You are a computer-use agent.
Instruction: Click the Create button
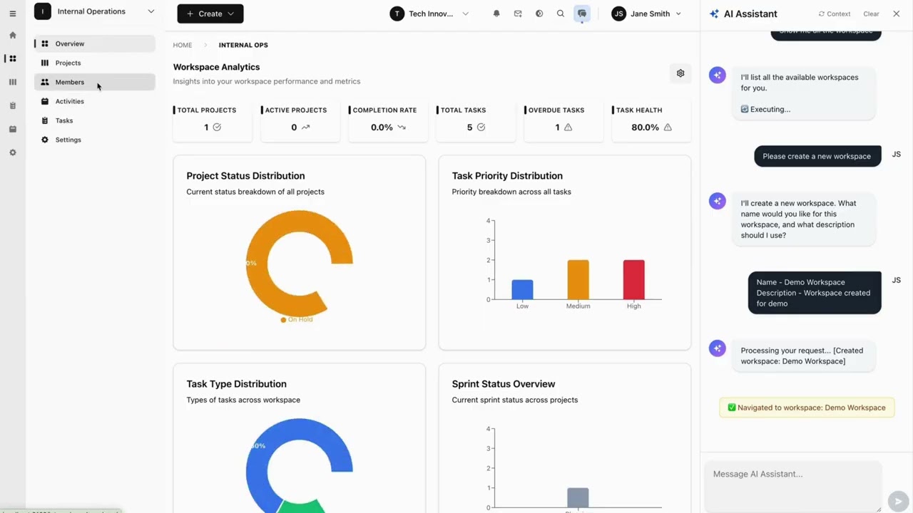tap(210, 14)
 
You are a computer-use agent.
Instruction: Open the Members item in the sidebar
tap(69, 82)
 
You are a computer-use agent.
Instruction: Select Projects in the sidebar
tap(68, 63)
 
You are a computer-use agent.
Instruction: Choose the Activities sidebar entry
tap(69, 101)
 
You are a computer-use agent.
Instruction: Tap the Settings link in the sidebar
tap(68, 140)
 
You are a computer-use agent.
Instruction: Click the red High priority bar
tap(633, 279)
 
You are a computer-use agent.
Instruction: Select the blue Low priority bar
tap(522, 289)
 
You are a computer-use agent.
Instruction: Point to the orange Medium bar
tap(578, 279)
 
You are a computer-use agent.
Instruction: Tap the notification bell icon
tap(496, 14)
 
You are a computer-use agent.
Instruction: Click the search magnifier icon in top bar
tap(561, 14)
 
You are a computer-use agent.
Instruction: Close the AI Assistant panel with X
tap(897, 14)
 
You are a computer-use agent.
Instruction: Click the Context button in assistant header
tap(835, 14)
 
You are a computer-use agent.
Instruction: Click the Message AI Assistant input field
tap(792, 475)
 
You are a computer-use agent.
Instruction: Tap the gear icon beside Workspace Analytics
tap(680, 73)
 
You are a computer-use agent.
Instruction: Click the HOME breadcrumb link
tap(183, 45)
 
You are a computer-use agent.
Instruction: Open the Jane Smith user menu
tap(646, 14)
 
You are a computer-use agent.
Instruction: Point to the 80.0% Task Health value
tap(645, 128)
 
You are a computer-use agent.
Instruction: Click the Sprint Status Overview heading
tap(503, 384)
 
